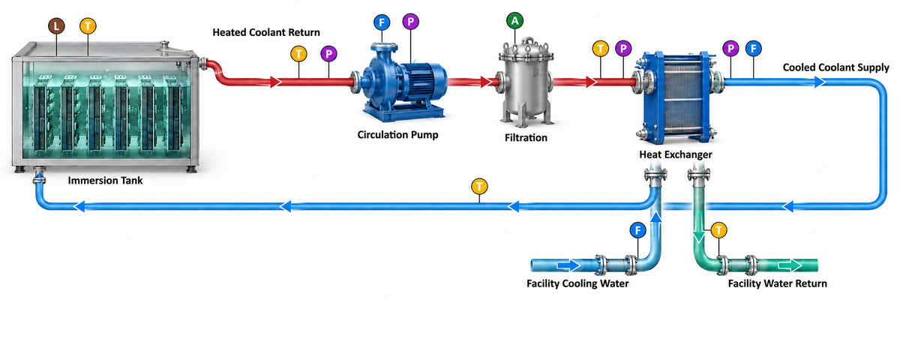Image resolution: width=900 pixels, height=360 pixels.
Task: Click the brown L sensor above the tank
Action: (57, 26)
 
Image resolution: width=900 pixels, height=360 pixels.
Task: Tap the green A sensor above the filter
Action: (514, 20)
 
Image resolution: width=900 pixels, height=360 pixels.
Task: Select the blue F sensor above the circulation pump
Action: (382, 22)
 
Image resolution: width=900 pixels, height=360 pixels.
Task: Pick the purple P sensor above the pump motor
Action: (411, 22)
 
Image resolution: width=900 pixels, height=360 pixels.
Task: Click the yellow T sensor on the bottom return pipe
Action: (479, 187)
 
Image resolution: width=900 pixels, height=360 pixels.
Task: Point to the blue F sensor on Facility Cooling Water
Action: (637, 231)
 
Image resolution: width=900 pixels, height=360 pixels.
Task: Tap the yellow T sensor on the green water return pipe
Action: (718, 231)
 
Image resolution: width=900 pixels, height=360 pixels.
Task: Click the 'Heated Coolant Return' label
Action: (266, 32)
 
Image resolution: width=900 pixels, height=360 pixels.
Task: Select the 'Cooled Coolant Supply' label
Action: (835, 67)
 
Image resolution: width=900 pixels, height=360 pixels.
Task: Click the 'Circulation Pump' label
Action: (397, 134)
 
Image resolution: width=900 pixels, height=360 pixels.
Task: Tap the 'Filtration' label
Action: (526, 138)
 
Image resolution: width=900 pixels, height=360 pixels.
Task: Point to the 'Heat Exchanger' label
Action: (676, 154)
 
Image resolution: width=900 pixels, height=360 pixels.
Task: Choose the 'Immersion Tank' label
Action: (105, 181)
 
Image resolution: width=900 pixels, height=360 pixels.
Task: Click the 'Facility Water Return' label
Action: (778, 283)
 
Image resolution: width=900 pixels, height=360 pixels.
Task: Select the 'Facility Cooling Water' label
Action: (577, 283)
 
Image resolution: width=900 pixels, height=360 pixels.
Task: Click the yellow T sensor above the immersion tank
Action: (88, 26)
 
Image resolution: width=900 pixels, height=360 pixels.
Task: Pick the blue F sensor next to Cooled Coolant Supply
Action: (753, 49)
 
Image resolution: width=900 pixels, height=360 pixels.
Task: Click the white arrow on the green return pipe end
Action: (790, 265)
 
